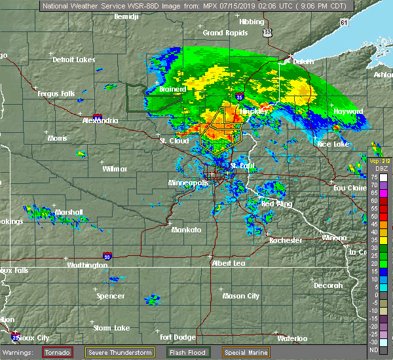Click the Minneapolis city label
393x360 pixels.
click(x=188, y=183)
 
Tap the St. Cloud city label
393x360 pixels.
click(x=174, y=141)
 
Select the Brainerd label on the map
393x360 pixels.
click(x=173, y=89)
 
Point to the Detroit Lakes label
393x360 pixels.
click(x=74, y=60)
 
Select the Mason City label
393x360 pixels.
click(x=240, y=296)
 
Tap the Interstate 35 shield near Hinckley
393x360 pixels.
click(x=240, y=97)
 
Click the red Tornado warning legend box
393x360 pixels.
click(x=58, y=352)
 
